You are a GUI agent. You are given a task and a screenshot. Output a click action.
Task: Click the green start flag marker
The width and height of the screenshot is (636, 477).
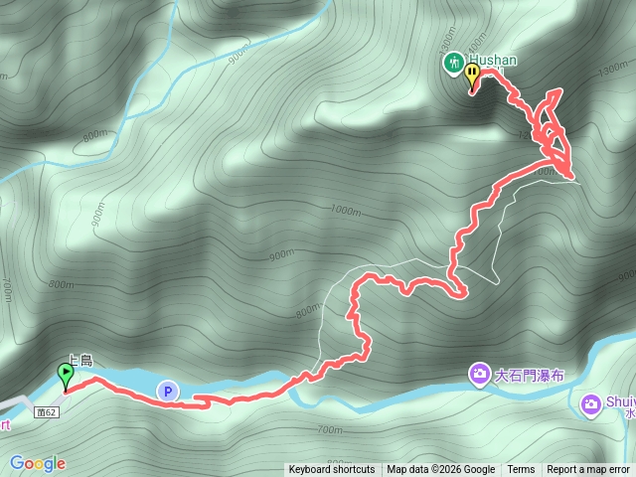(67, 376)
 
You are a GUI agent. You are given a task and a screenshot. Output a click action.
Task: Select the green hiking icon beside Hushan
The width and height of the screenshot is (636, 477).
(453, 62)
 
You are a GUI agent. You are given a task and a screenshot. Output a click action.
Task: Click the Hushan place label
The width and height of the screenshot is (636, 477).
(493, 61)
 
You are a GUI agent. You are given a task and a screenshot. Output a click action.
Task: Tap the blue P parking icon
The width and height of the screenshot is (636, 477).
(167, 392)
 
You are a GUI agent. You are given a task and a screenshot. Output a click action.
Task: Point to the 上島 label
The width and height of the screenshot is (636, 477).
(79, 362)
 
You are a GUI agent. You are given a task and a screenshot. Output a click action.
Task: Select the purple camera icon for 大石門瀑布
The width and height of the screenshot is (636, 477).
(480, 375)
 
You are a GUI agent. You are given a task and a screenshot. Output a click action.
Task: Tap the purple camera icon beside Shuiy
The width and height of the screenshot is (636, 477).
(590, 403)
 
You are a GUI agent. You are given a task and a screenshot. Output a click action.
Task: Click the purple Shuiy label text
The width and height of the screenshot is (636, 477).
(619, 402)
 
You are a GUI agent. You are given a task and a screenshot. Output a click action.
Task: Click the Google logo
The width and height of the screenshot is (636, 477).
(38, 463)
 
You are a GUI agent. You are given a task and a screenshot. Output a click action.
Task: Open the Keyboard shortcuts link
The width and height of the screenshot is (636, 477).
(332, 470)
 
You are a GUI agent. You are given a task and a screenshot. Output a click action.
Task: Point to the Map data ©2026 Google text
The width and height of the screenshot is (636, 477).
(441, 470)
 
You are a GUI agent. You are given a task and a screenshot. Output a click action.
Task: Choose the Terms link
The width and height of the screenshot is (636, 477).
(521, 470)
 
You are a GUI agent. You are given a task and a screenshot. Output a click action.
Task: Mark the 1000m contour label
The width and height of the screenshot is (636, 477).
(345, 210)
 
